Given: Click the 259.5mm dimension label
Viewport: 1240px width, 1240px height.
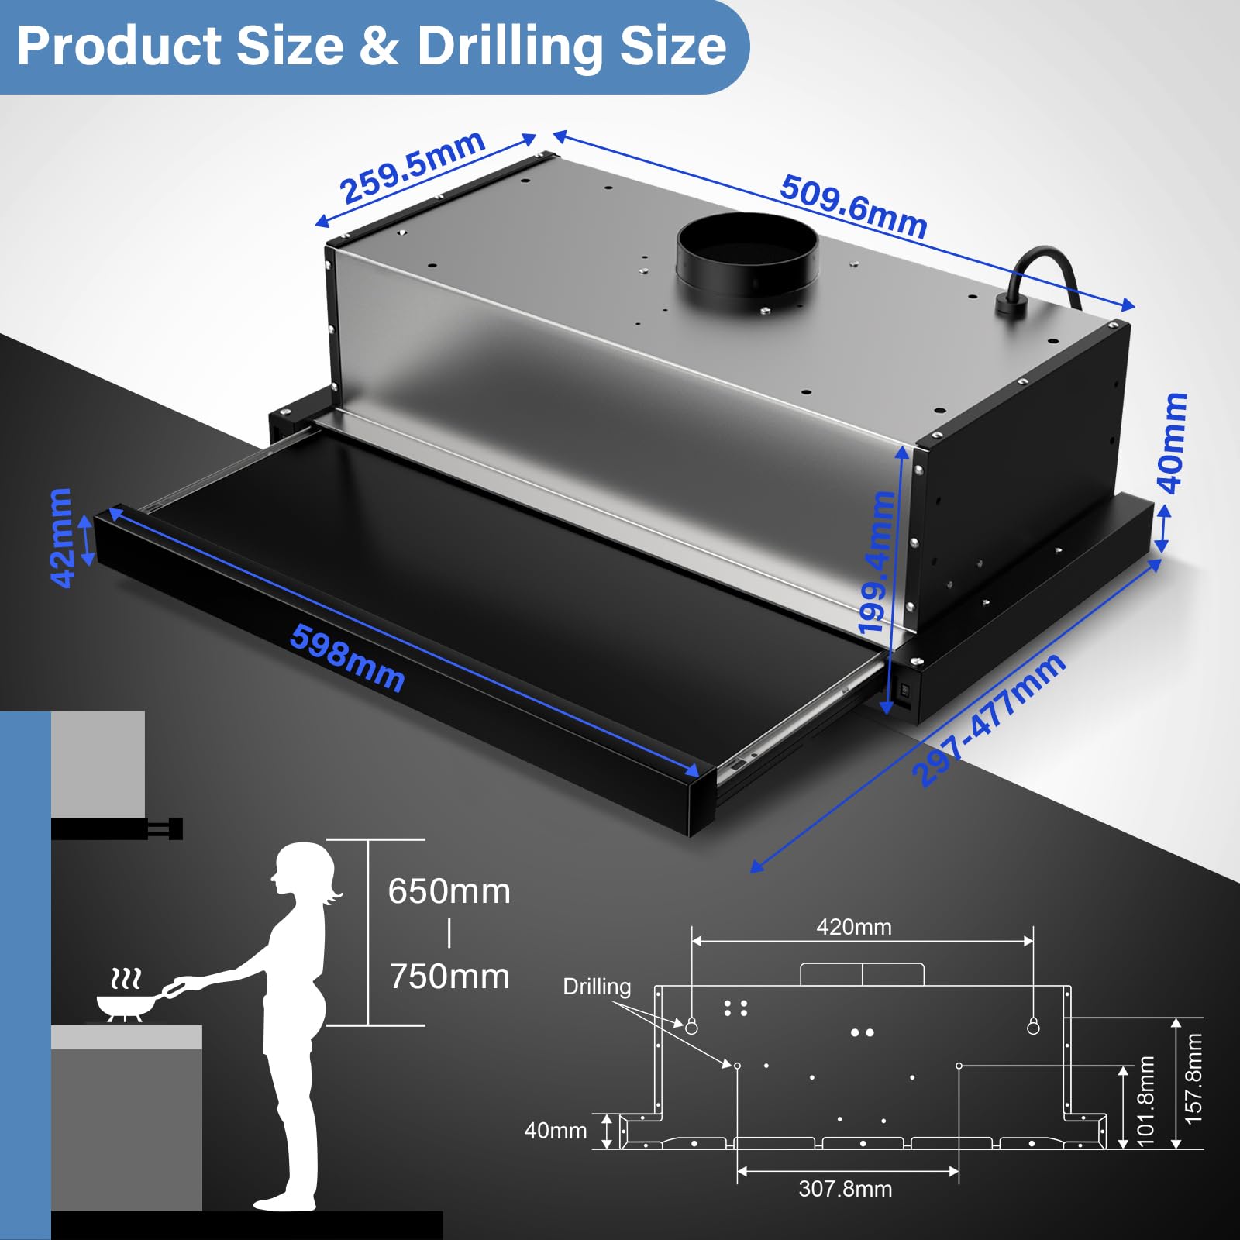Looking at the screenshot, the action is point(412,167).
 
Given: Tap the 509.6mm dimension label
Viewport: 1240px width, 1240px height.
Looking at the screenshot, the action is point(853,207).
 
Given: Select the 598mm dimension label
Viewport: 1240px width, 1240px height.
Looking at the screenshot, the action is point(347,658).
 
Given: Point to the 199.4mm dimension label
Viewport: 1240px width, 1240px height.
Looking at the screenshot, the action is point(877,563).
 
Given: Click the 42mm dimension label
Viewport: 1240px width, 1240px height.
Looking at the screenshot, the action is point(61,537).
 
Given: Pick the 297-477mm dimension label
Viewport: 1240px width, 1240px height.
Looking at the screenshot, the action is point(988,720).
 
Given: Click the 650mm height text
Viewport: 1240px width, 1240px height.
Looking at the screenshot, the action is point(449,891).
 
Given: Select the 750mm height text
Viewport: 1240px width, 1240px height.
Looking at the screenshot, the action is point(449,976).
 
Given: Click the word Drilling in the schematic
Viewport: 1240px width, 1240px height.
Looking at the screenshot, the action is point(597,987).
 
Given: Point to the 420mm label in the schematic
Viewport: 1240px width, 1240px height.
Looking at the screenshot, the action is point(854,927).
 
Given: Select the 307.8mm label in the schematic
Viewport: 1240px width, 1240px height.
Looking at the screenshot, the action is point(846,1189).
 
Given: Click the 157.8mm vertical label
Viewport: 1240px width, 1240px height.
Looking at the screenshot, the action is point(1193,1079).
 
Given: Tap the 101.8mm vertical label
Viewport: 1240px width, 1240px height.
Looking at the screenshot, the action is point(1145,1100).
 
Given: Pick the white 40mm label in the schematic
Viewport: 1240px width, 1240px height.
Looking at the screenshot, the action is point(556,1131).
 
